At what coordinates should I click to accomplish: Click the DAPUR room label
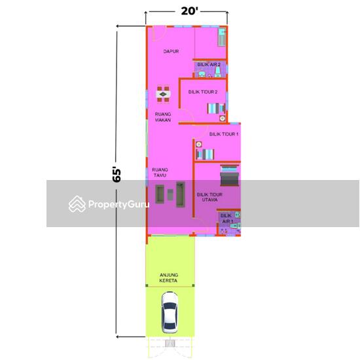pos(171,51)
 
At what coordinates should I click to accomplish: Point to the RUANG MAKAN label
pos(163,117)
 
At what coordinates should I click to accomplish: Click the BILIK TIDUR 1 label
pos(224,134)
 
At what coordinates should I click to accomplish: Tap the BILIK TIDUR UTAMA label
pos(209,196)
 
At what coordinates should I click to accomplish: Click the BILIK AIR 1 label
pos(226,218)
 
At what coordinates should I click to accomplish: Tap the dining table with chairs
pos(162,96)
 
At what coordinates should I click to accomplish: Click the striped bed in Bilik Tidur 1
pos(205,154)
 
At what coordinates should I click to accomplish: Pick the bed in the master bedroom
pos(228,177)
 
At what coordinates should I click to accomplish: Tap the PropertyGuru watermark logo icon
pos(78,204)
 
